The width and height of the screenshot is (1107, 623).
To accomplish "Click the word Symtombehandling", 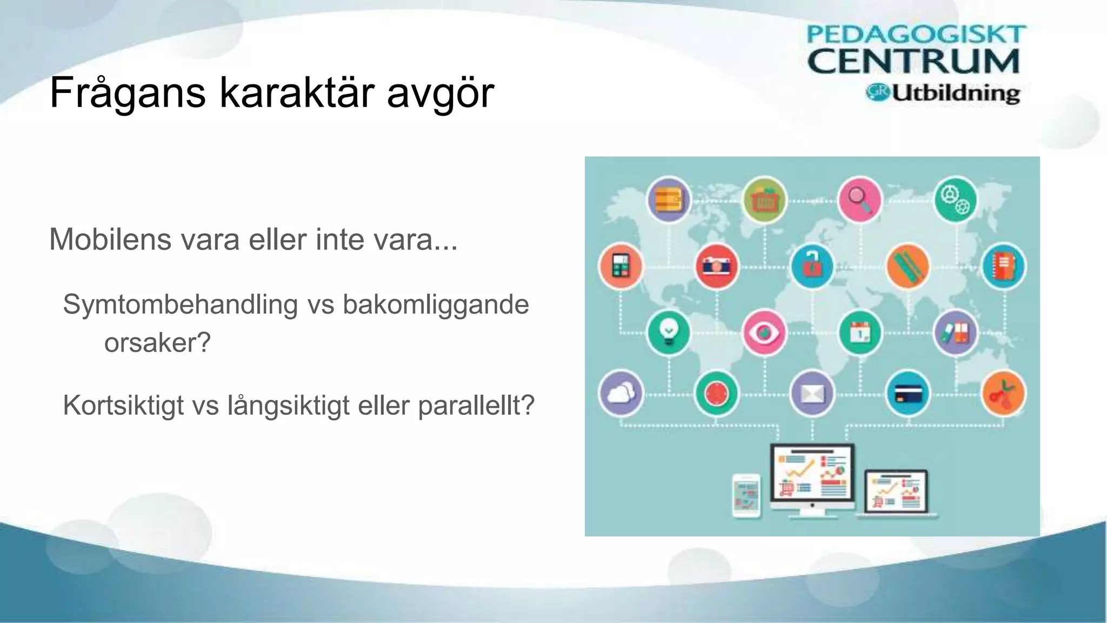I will click(x=181, y=304).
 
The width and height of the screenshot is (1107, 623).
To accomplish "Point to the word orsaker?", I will click(x=157, y=342).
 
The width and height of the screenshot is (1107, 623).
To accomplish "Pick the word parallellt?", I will click(x=476, y=405).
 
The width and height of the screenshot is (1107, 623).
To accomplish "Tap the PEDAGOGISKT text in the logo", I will click(x=916, y=35).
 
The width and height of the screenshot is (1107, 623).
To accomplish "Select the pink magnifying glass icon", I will click(x=859, y=200).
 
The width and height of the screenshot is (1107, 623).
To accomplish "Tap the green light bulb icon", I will click(x=669, y=332).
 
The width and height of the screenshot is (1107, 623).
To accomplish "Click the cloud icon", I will click(x=621, y=393).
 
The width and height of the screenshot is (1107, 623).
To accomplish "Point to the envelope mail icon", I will click(x=812, y=394).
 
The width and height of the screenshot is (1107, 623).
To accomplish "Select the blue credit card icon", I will click(x=908, y=394).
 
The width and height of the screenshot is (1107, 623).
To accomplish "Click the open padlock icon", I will click(x=811, y=266).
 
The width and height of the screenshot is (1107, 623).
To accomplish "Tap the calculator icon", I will click(x=621, y=266).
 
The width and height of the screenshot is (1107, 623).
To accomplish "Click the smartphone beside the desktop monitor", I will click(x=746, y=495).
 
